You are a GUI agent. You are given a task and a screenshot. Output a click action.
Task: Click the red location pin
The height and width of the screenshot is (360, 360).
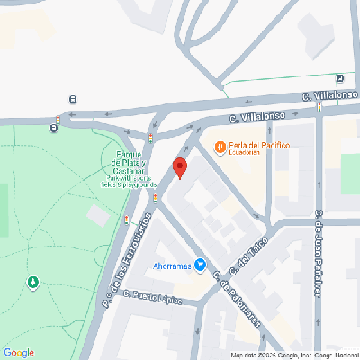pos(179,167)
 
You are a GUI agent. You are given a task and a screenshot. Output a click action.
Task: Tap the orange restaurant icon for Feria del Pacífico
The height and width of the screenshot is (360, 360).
pos(219,146)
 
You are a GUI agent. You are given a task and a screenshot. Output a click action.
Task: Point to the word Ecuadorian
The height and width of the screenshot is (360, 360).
pos(243,153)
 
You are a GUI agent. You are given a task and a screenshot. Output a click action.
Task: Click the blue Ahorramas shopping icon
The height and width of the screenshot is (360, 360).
pos(201,265)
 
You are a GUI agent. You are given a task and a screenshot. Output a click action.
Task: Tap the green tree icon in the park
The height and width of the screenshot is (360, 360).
pos(33,283)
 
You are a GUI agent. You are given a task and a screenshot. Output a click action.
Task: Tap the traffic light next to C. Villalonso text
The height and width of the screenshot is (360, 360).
pos(319,107)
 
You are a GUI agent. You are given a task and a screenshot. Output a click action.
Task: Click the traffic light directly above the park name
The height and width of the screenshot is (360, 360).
pos(150,138)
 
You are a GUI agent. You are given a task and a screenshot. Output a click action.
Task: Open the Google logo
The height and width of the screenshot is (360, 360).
pos(19,352)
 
